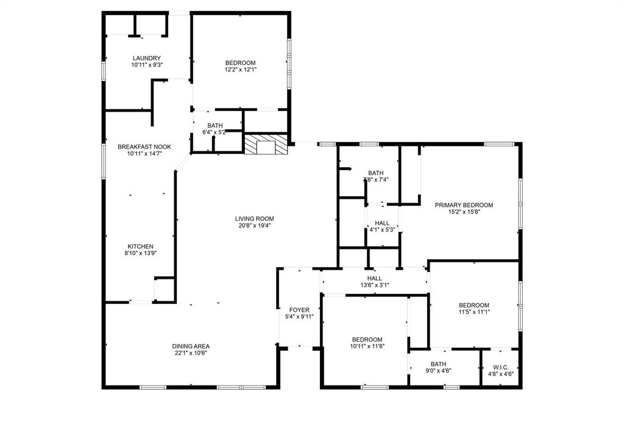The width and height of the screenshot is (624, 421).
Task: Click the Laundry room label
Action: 146,58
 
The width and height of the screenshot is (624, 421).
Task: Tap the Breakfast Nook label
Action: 144,146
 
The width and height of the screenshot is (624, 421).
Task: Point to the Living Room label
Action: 255,218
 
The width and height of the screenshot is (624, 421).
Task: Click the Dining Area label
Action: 191,346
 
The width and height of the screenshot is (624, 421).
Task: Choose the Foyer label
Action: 299,309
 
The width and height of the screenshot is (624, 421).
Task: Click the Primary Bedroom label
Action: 464,205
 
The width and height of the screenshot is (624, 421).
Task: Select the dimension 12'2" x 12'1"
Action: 240,70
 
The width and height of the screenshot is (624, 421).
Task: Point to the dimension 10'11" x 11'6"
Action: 367,347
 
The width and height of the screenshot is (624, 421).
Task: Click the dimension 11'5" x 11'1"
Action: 474,312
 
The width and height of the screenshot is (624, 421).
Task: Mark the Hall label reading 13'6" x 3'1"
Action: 375,285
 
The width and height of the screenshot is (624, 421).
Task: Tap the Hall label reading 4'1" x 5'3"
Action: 382,230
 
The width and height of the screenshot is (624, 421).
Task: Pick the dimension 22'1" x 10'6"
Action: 191,353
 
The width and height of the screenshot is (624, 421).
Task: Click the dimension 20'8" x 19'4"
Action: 255,225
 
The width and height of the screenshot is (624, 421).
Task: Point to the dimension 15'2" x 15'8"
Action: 464,212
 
